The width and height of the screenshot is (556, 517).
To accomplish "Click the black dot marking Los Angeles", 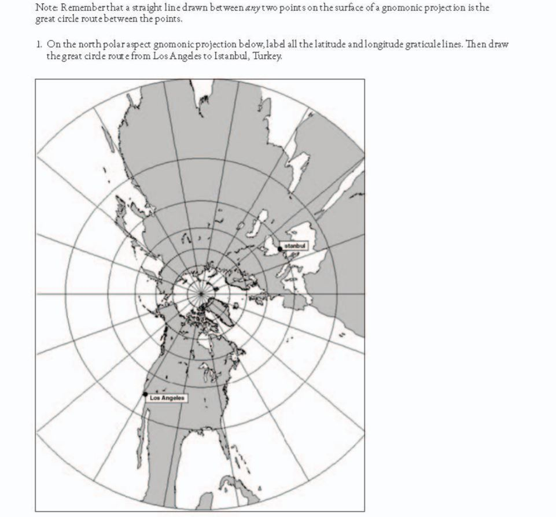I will click(146, 394).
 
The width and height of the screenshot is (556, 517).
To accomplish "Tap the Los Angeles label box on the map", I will click(167, 398).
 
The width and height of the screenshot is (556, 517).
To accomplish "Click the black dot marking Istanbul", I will click(280, 249).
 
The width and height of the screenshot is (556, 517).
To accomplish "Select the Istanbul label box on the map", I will click(296, 246).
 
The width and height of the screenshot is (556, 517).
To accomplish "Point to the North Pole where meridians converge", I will click(201, 294).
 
